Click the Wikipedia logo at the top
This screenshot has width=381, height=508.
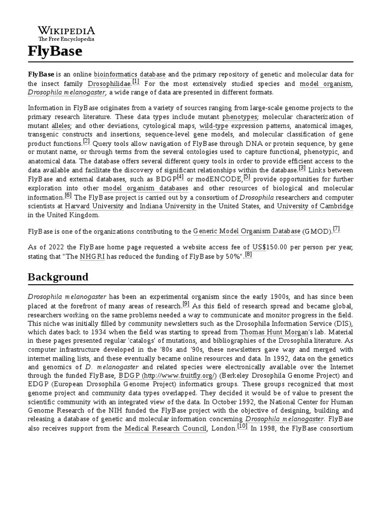tap(66, 33)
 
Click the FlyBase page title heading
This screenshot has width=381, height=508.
tap(55, 51)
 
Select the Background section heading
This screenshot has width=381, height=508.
tap(58, 277)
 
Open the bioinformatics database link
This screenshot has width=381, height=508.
tap(129, 74)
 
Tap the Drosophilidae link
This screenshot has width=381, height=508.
tap(109, 83)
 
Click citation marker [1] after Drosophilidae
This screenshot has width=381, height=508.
tap(136, 81)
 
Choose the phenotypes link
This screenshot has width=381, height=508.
tap(240, 117)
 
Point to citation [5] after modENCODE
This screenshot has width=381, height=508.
tap(247, 177)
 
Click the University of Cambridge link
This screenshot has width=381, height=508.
tap(315, 206)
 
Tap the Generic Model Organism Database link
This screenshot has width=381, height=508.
tap(247, 231)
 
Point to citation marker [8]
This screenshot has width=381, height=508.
tap(249, 254)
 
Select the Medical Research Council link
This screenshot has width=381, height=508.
tap(165, 429)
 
